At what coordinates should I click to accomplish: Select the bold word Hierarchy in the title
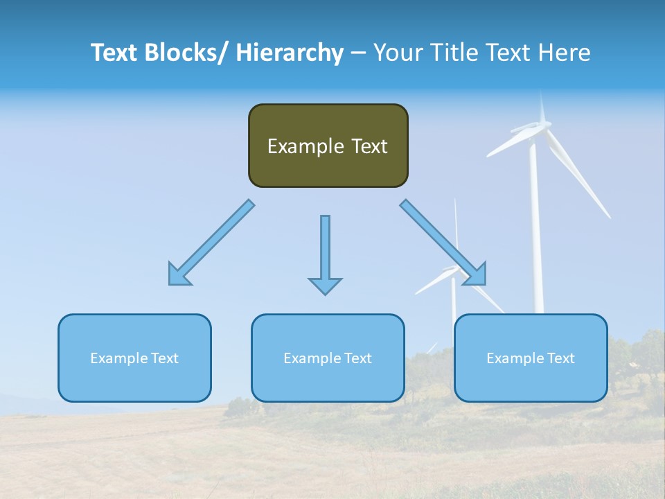pos(290,53)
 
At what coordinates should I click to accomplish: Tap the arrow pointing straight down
pos(325,249)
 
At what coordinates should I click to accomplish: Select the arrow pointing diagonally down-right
pos(443,242)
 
